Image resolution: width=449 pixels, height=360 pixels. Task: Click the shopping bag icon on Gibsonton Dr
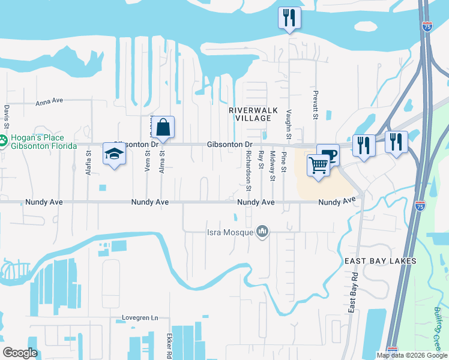click(163, 128)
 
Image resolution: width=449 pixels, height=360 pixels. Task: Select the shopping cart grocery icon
click(318, 165)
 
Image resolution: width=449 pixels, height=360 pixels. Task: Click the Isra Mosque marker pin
click(262, 231)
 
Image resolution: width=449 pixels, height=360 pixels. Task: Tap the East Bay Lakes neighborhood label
click(380, 262)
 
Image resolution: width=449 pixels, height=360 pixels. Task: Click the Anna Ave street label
click(49, 103)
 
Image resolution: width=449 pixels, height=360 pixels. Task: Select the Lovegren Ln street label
click(139, 317)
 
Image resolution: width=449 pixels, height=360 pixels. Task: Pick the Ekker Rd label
click(170, 346)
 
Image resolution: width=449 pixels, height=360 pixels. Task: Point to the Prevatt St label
click(315, 106)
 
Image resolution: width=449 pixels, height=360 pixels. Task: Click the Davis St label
click(7, 118)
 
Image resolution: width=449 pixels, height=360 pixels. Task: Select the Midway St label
click(272, 166)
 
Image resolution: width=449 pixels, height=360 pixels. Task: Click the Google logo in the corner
click(20, 353)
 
